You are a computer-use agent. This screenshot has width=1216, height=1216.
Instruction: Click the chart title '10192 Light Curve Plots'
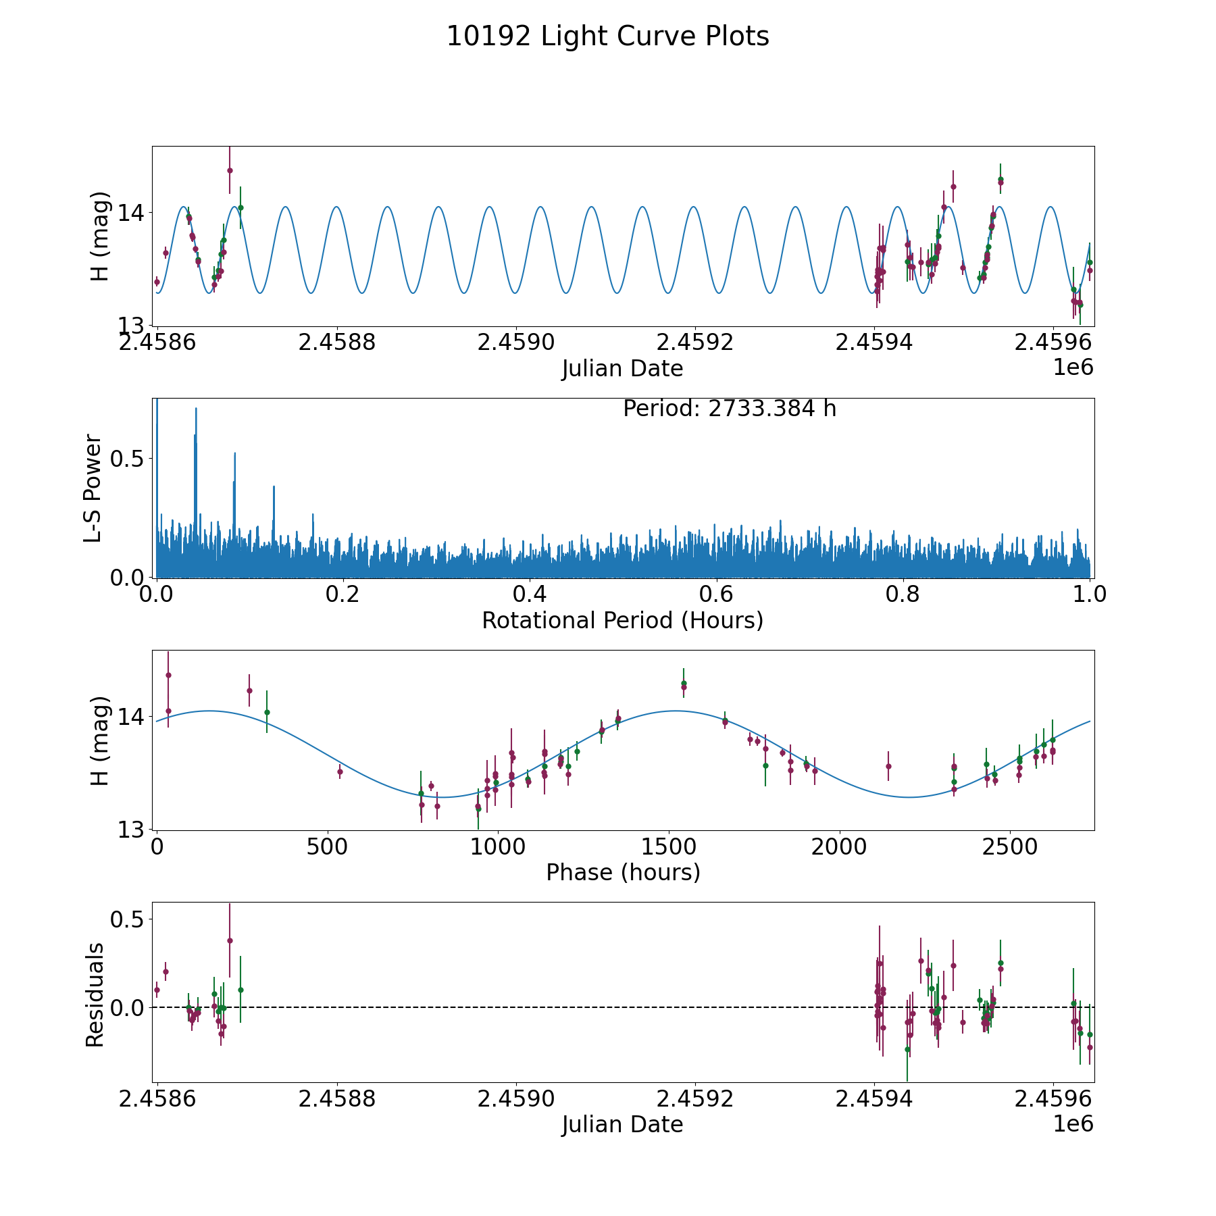(x=607, y=36)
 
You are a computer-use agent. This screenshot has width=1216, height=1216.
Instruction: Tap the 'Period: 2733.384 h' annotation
(x=729, y=409)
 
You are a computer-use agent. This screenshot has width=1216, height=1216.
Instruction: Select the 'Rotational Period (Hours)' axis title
(x=622, y=620)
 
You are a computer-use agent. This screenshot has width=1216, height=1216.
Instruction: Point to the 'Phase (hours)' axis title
(x=623, y=872)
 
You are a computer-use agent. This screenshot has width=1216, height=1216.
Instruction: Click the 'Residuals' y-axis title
(x=95, y=994)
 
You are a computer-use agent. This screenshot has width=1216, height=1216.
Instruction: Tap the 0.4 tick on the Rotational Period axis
(x=530, y=594)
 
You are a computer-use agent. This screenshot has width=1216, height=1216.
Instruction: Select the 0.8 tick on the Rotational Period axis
(x=903, y=594)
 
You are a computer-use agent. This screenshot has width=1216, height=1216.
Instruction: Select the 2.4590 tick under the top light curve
(x=516, y=343)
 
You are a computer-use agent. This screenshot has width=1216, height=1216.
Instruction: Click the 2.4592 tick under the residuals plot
(x=695, y=1099)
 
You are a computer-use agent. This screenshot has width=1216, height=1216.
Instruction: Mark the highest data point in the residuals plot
(x=230, y=940)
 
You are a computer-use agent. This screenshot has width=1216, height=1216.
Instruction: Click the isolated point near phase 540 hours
(x=340, y=771)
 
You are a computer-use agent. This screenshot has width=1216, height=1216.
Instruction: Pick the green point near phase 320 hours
(x=267, y=712)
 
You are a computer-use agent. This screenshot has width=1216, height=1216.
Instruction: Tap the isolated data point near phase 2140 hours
(x=888, y=766)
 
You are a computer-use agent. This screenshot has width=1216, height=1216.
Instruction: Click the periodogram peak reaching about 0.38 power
(x=274, y=487)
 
